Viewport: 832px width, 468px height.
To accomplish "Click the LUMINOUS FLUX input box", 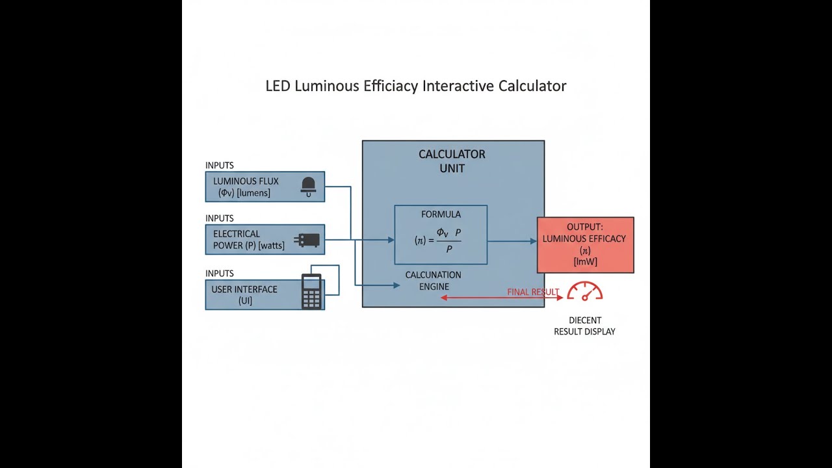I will (253, 187).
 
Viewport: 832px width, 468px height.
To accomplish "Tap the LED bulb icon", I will (309, 186).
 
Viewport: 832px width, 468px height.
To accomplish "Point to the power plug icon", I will (307, 240).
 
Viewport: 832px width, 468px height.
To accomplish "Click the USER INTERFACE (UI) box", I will (247, 295).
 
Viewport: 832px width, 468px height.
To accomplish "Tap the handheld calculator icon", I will (311, 292).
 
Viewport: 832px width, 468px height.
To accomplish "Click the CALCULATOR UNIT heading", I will (452, 161).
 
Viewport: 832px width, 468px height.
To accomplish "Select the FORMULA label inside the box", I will (441, 214).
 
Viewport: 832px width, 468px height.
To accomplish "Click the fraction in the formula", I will (448, 240).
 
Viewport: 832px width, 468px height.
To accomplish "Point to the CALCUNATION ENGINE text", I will (434, 281).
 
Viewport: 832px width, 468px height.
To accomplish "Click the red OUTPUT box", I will (585, 244).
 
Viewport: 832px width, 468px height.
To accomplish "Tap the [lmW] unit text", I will (585, 262).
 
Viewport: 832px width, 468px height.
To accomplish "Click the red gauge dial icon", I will (585, 291).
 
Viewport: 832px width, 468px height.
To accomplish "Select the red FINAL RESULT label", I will (532, 292).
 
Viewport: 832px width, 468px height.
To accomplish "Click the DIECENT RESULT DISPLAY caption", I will (584, 326).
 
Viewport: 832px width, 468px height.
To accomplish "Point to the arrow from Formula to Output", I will (512, 241).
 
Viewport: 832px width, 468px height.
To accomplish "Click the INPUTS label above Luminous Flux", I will (220, 166).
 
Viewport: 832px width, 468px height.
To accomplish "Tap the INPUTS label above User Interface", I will (220, 274).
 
